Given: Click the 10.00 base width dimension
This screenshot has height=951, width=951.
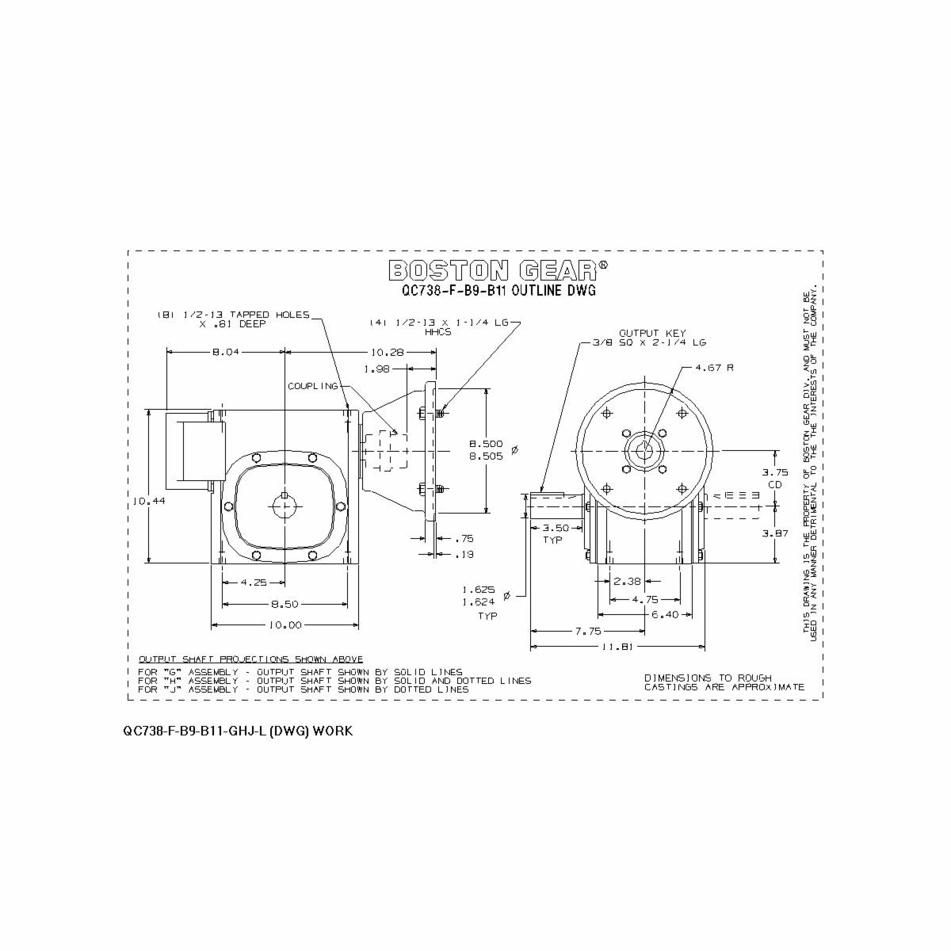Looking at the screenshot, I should [285, 625].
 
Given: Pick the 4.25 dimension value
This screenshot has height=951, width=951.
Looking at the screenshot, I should [254, 582].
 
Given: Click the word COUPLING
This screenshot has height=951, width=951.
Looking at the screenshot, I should [312, 386].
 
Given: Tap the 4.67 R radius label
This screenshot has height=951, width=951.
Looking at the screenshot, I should [715, 368].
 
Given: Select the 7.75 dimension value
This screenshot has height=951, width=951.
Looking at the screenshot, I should [588, 632].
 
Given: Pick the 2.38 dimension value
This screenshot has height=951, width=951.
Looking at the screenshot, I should [627, 581].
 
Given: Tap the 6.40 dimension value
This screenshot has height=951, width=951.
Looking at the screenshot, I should [663, 614].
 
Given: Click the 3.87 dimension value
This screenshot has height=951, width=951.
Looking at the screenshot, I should [775, 533].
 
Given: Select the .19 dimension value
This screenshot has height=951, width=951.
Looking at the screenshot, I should [465, 554].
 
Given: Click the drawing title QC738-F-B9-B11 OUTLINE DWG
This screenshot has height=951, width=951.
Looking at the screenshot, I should [498, 291].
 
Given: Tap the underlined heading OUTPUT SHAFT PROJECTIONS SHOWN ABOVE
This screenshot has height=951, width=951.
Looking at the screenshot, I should [250, 659].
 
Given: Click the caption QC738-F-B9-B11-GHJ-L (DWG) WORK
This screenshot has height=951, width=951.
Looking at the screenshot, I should [238, 731].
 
